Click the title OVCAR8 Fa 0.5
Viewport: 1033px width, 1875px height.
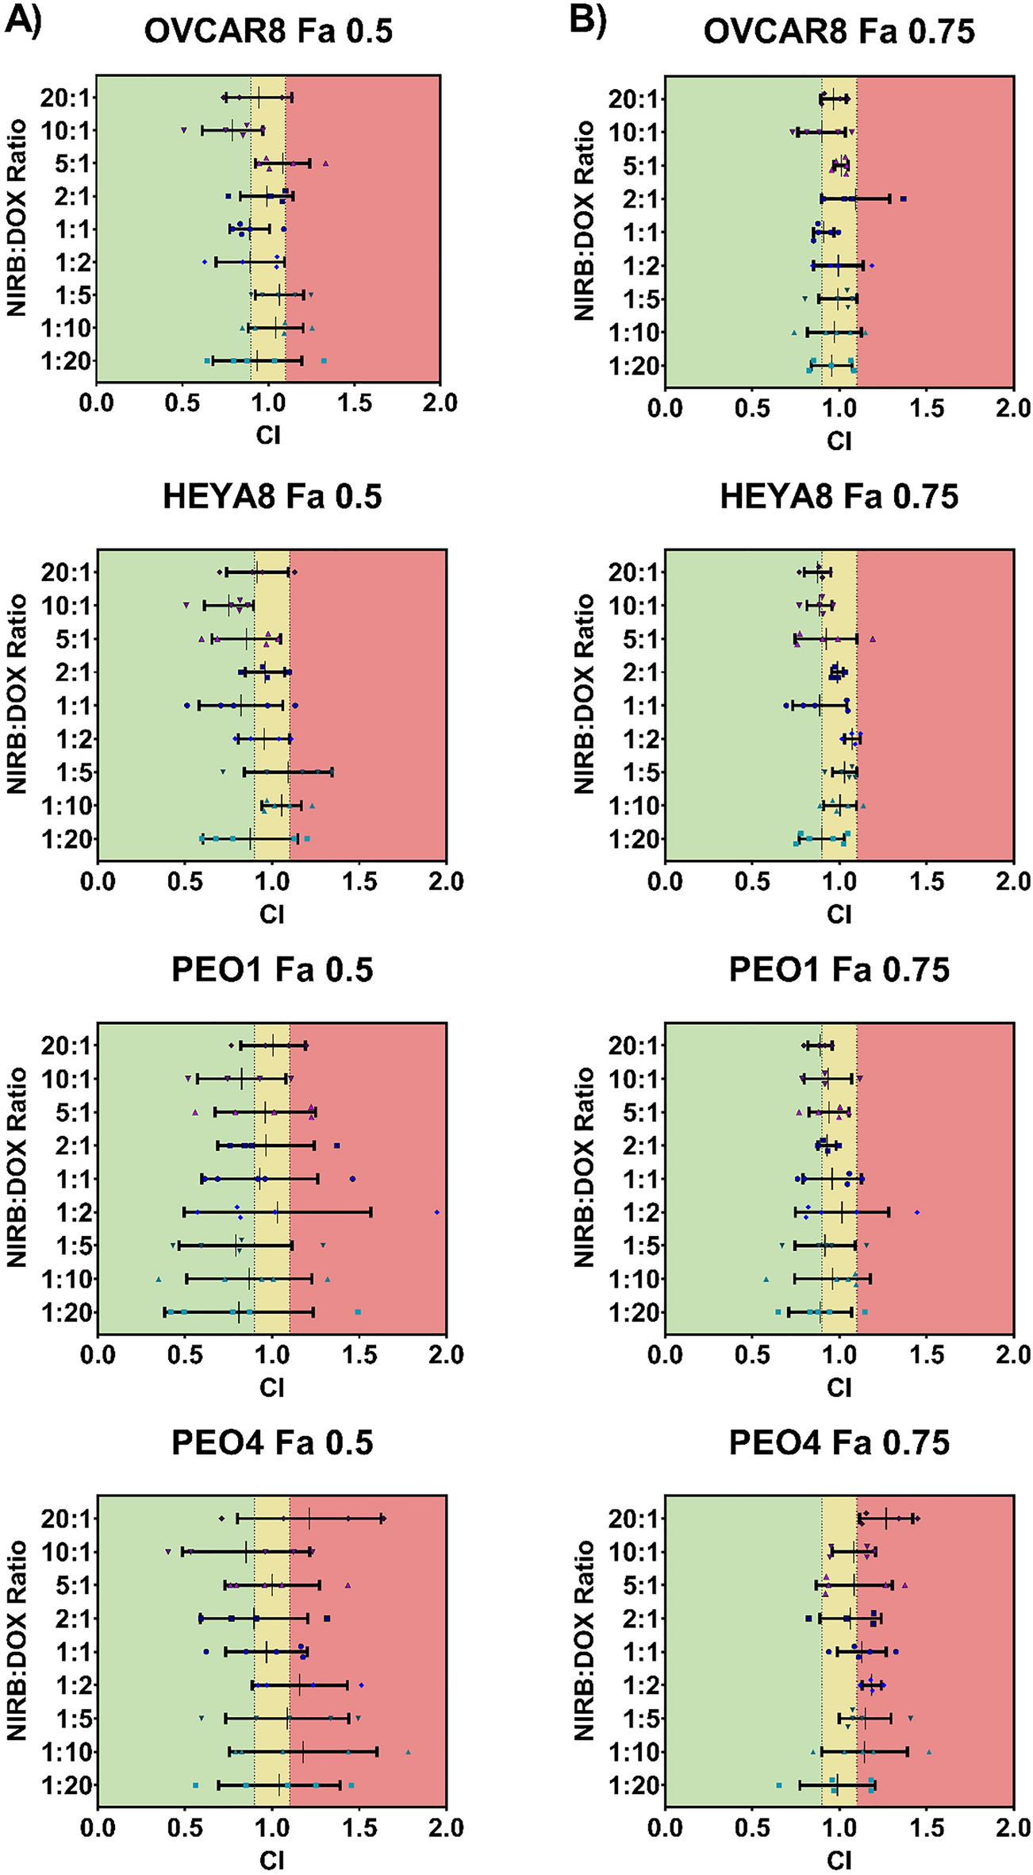pos(268,31)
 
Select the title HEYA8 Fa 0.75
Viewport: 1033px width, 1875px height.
pos(839,497)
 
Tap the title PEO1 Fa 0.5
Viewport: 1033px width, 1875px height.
pos(272,970)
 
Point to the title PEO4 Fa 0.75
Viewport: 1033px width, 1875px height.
pos(839,1442)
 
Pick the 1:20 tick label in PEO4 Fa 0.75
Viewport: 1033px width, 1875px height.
pos(633,1785)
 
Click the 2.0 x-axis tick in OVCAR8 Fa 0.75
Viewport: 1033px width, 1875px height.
pos(1012,409)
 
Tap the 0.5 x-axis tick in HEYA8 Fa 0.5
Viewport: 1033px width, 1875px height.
pos(185,882)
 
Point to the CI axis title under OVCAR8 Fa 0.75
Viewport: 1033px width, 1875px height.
pos(839,441)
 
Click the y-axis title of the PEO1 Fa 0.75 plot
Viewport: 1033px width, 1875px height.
pos(584,1168)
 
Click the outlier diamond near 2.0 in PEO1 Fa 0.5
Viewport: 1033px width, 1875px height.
pos(437,1212)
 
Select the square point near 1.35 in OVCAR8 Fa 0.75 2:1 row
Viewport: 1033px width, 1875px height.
pos(903,199)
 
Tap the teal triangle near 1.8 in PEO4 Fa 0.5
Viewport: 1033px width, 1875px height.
pos(408,1752)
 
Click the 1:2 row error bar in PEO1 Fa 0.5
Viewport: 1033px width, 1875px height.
pos(278,1212)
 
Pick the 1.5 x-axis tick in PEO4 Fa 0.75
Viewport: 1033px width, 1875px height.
pos(926,1828)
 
